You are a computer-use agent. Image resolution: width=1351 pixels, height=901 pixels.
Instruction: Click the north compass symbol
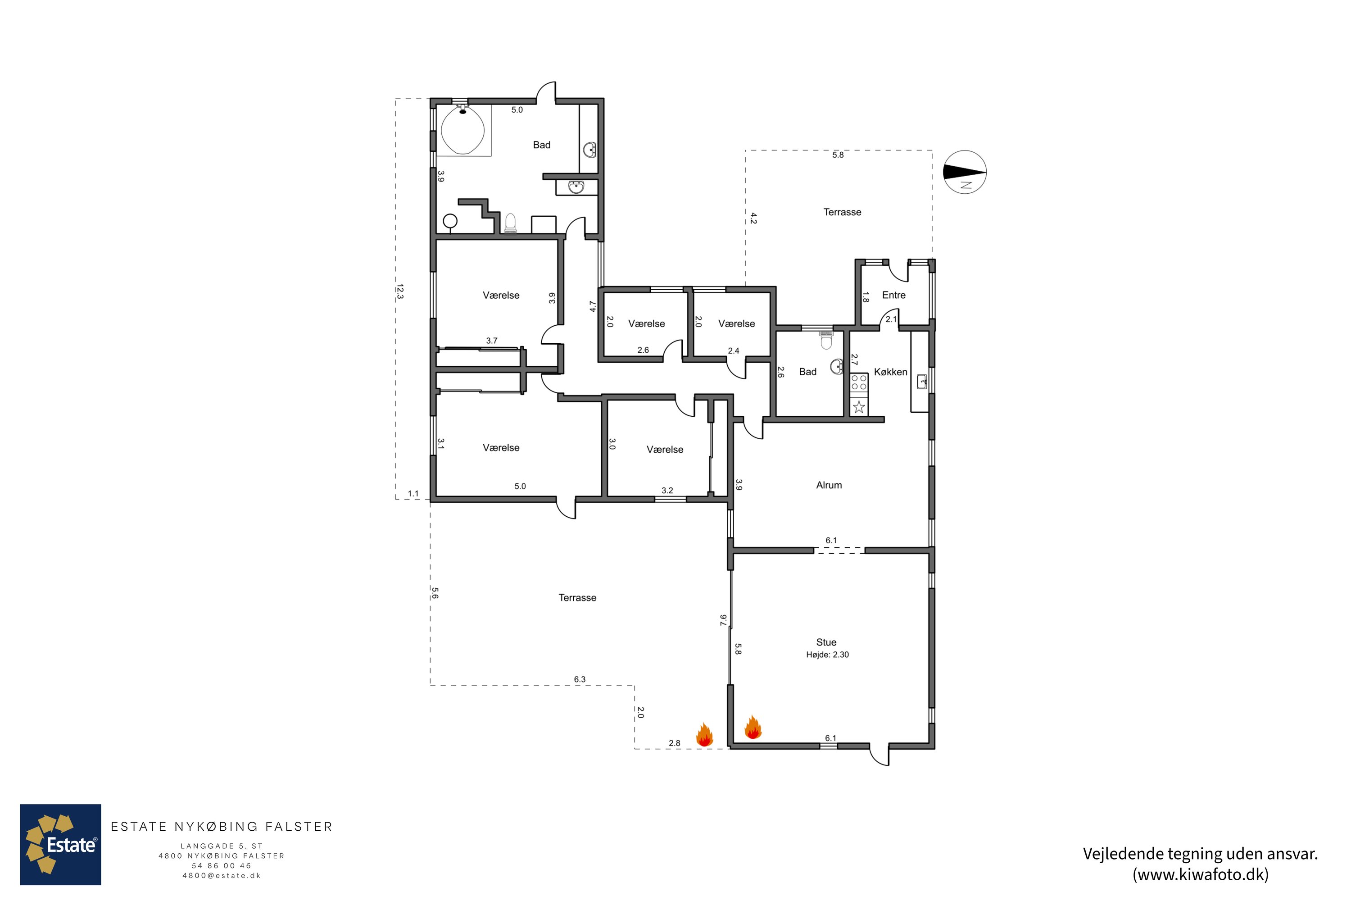pyautogui.click(x=965, y=172)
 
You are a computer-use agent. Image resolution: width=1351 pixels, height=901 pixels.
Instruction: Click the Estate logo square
pyautogui.click(x=60, y=845)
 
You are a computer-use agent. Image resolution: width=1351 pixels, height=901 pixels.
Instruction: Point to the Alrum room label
pyautogui.click(x=829, y=485)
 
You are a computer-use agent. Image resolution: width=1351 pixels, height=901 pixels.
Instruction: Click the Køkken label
pyautogui.click(x=890, y=372)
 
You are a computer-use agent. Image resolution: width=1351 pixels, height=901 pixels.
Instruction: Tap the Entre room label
pyautogui.click(x=894, y=295)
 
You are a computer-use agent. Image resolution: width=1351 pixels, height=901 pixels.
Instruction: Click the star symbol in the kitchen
pyautogui.click(x=859, y=407)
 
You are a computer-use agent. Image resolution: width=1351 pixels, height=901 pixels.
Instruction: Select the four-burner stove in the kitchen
pyautogui.click(x=859, y=382)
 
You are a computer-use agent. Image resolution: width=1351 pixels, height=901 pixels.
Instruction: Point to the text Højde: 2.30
pyautogui.click(x=827, y=655)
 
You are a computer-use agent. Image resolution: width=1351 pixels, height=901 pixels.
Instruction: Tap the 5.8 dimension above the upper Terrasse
pyautogui.click(x=838, y=155)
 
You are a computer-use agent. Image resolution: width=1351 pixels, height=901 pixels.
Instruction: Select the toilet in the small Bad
pyautogui.click(x=826, y=341)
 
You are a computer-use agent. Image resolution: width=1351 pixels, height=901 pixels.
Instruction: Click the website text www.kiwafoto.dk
pyautogui.click(x=1201, y=874)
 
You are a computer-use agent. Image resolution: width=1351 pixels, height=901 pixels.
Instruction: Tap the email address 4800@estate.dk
pyautogui.click(x=222, y=876)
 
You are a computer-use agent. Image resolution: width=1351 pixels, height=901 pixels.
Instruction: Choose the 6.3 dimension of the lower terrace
pyautogui.click(x=580, y=679)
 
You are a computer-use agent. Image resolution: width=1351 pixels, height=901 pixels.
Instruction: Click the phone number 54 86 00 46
pyautogui.click(x=222, y=865)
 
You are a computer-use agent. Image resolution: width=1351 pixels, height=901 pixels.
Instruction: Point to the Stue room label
pyautogui.click(x=826, y=642)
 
